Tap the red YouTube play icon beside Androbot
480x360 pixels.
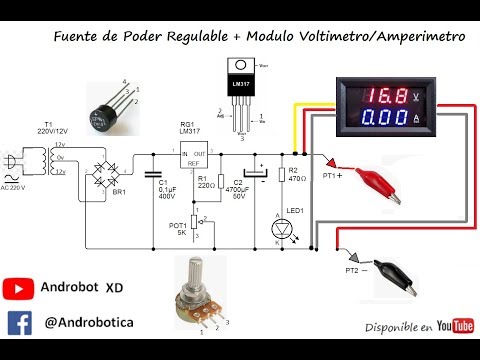click(19, 287)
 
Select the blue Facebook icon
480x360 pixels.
click(19, 322)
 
